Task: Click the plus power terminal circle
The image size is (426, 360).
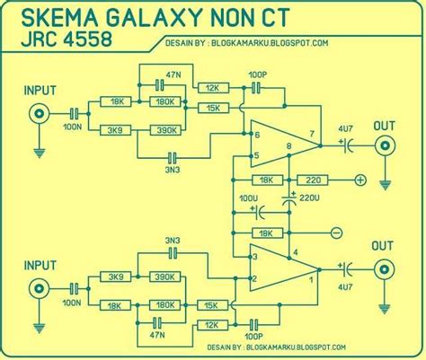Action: (359, 180)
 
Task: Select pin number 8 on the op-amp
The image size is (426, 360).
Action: (288, 145)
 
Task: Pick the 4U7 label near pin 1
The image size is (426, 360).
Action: (344, 288)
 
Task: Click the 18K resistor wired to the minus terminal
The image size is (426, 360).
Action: (265, 233)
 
